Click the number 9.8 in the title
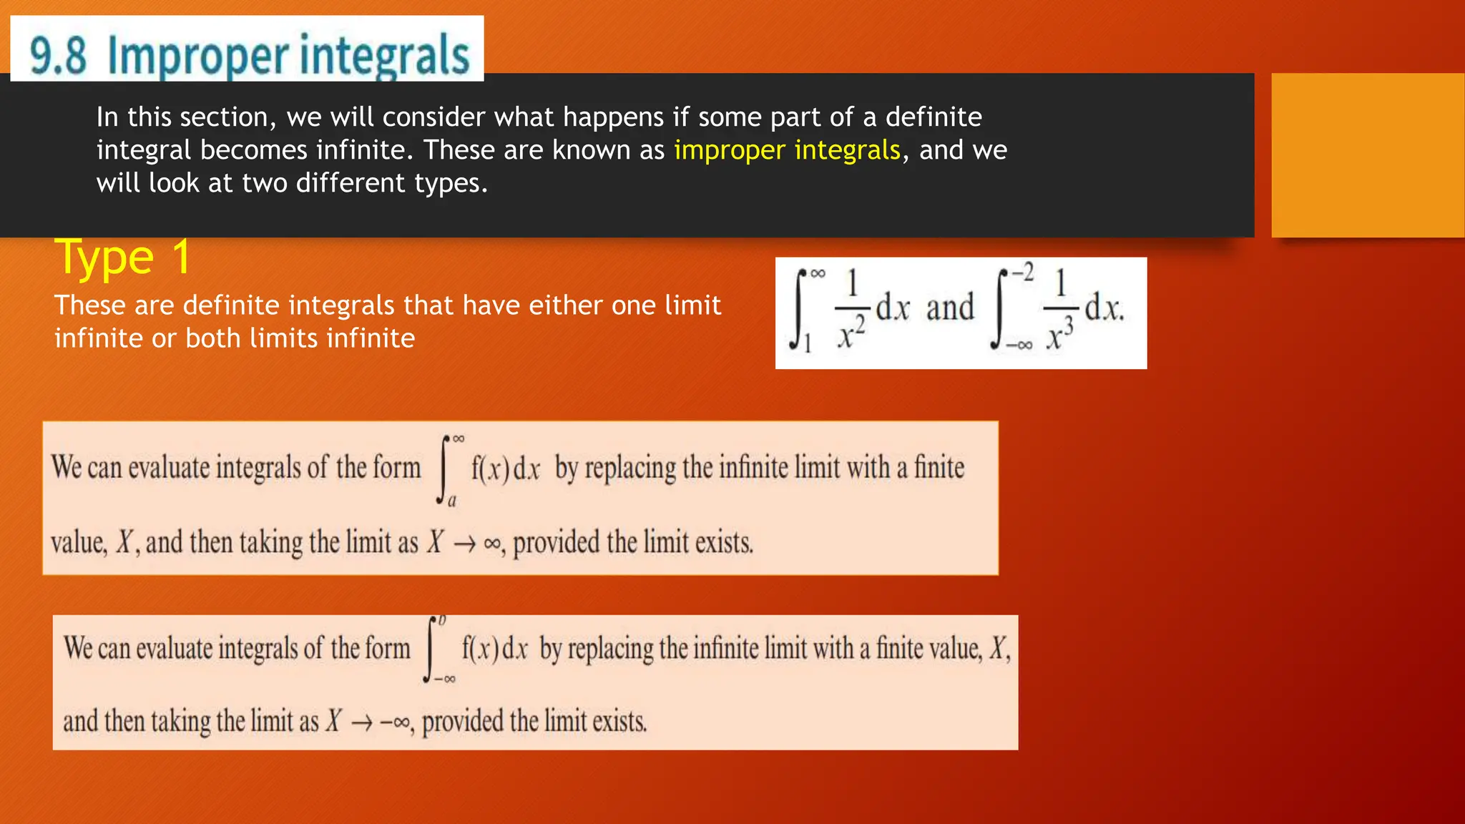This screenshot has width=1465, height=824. tap(58, 56)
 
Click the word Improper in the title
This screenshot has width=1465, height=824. tap(197, 56)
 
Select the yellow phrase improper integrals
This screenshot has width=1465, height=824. tap(787, 150)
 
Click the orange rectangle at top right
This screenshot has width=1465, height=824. tap(1368, 154)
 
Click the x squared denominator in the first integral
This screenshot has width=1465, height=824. tap(851, 333)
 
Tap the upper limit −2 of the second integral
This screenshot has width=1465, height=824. tap(1022, 273)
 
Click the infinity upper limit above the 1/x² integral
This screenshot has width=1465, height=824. tap(818, 273)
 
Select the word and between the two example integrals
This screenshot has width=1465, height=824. tap(950, 308)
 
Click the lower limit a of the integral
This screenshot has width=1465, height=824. tap(452, 501)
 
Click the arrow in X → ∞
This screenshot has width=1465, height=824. tap(464, 544)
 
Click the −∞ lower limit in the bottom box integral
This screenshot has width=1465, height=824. tap(445, 679)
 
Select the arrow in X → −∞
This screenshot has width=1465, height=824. tap(362, 722)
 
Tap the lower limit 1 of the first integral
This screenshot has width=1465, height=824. tap(808, 345)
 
